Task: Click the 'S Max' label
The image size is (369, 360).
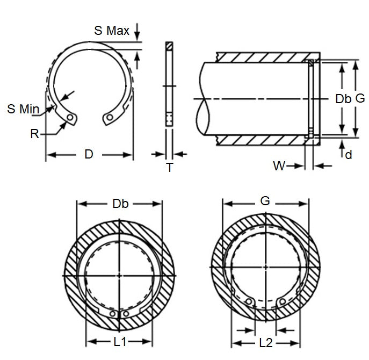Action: tap(112, 31)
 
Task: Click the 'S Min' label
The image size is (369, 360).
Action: tap(23, 109)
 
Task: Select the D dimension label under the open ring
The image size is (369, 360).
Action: tap(89, 155)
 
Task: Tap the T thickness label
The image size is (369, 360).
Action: tap(169, 168)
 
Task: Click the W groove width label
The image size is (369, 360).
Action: tap(279, 166)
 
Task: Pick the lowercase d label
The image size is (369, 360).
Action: tap(349, 155)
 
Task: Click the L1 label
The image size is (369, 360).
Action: tap(120, 341)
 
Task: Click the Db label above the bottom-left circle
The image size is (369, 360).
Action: tap(120, 204)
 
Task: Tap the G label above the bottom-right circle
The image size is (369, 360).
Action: tap(265, 201)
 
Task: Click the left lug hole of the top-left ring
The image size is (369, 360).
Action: tap(70, 118)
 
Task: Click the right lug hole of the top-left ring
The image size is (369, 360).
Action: tap(110, 117)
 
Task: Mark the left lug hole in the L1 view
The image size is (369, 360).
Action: tap(113, 313)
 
